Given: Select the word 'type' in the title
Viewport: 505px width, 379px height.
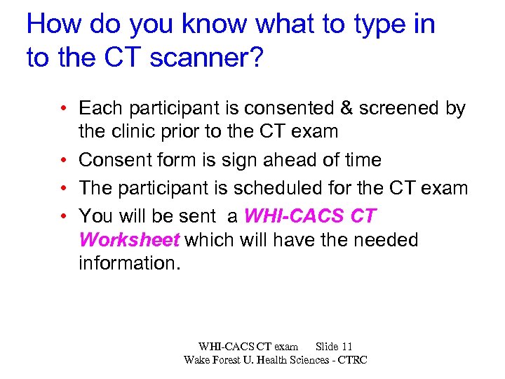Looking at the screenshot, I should (374, 24).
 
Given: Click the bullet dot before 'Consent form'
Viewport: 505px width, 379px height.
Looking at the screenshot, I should (63, 160).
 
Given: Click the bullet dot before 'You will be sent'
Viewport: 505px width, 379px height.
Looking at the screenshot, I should (63, 215).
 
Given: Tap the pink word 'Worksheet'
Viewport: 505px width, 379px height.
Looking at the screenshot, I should (130, 240).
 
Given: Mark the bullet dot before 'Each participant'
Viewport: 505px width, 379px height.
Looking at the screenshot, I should (63, 108).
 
